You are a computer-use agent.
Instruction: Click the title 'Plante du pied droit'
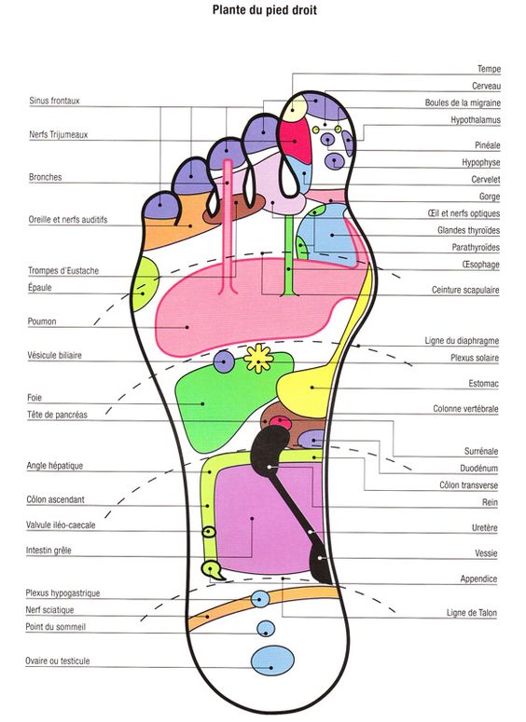[x=264, y=9]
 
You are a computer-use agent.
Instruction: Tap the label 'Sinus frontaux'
[x=54, y=101]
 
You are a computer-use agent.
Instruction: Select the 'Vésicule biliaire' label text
[x=54, y=355]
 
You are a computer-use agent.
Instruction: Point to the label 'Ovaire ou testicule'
[x=58, y=661]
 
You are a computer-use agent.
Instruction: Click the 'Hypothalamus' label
[x=476, y=120]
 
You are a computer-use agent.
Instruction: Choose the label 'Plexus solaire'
[x=475, y=358]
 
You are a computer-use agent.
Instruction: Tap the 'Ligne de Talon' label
[x=472, y=613]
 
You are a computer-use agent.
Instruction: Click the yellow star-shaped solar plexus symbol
[x=258, y=359]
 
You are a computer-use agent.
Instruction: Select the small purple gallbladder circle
[x=224, y=361]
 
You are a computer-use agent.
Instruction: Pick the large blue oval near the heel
[x=272, y=661]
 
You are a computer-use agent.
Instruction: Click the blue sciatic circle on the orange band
[x=260, y=600]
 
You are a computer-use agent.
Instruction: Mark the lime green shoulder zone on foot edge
[x=145, y=284]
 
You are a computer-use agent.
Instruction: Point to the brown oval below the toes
[x=235, y=209]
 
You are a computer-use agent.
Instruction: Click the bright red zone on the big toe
[x=297, y=139]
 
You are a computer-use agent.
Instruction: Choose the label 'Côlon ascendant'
[x=55, y=499]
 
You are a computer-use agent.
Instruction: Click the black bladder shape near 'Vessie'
[x=321, y=562]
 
